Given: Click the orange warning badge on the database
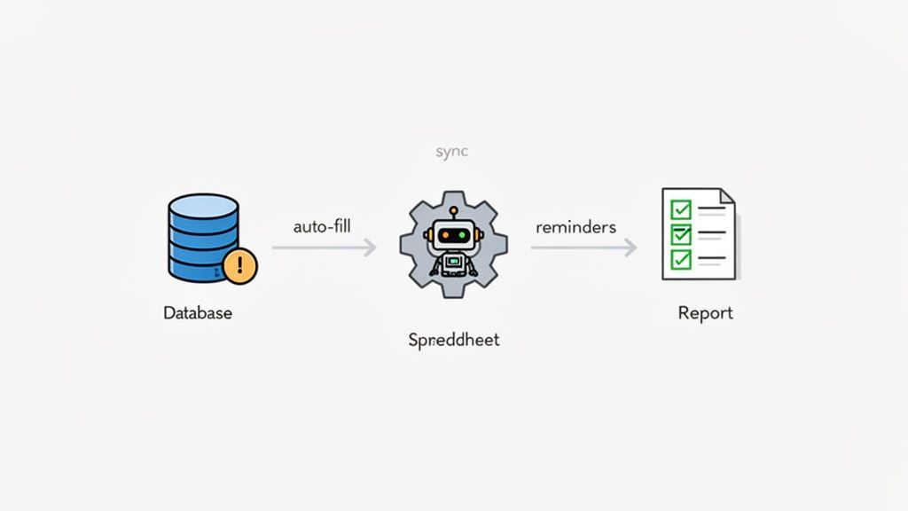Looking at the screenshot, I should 239,266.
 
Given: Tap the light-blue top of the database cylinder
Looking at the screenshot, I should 203,203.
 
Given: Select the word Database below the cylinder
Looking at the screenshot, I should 198,313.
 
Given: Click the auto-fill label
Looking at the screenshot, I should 322,226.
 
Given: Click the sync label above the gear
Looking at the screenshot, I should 451,152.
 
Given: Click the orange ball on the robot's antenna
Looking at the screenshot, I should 453,212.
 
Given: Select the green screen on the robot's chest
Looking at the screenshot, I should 453,263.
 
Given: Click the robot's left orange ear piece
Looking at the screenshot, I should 427,235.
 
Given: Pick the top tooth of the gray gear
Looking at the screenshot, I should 453,196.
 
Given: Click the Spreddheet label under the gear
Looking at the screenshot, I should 453,340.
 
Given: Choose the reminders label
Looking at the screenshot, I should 575,227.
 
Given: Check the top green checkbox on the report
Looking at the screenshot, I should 681,209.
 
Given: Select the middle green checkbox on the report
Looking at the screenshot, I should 681,234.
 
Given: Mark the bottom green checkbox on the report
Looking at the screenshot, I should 681,259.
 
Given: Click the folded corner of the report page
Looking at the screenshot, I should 727,196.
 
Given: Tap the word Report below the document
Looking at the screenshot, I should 705,313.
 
